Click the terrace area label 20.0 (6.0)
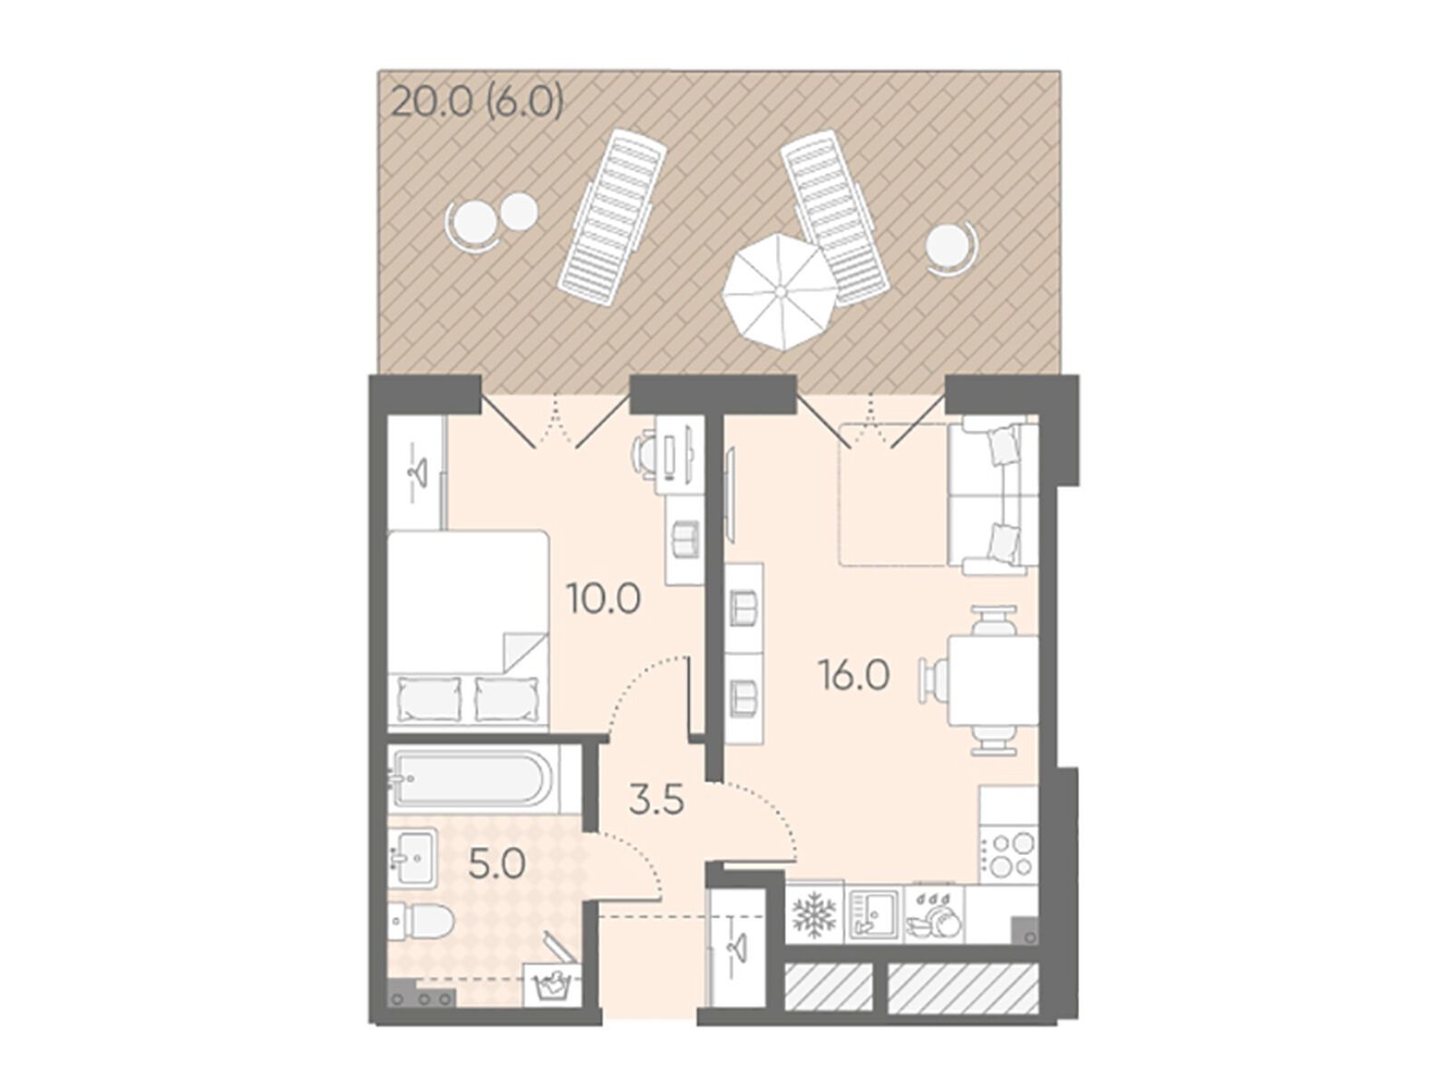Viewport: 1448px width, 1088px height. pyautogui.click(x=477, y=103)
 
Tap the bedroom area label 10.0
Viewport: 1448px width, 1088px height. pyautogui.click(x=604, y=599)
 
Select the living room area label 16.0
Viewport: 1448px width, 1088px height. pyautogui.click(x=853, y=675)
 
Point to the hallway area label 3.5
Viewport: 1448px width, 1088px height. pyautogui.click(x=656, y=802)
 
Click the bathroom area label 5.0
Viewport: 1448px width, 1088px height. pyautogui.click(x=497, y=864)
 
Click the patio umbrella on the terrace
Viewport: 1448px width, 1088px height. pyautogui.click(x=779, y=291)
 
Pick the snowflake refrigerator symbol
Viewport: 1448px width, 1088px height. pyautogui.click(x=814, y=914)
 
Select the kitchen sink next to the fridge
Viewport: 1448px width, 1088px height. pyautogui.click(x=873, y=913)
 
